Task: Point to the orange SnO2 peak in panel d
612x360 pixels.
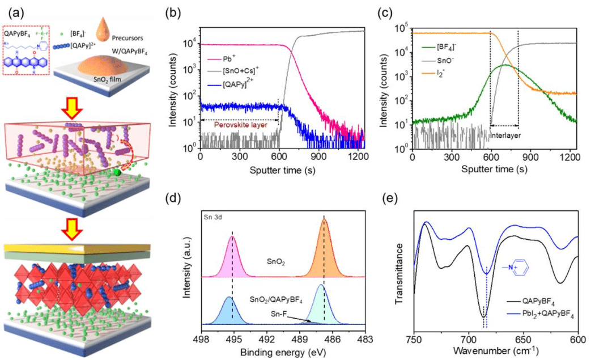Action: click(324, 249)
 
